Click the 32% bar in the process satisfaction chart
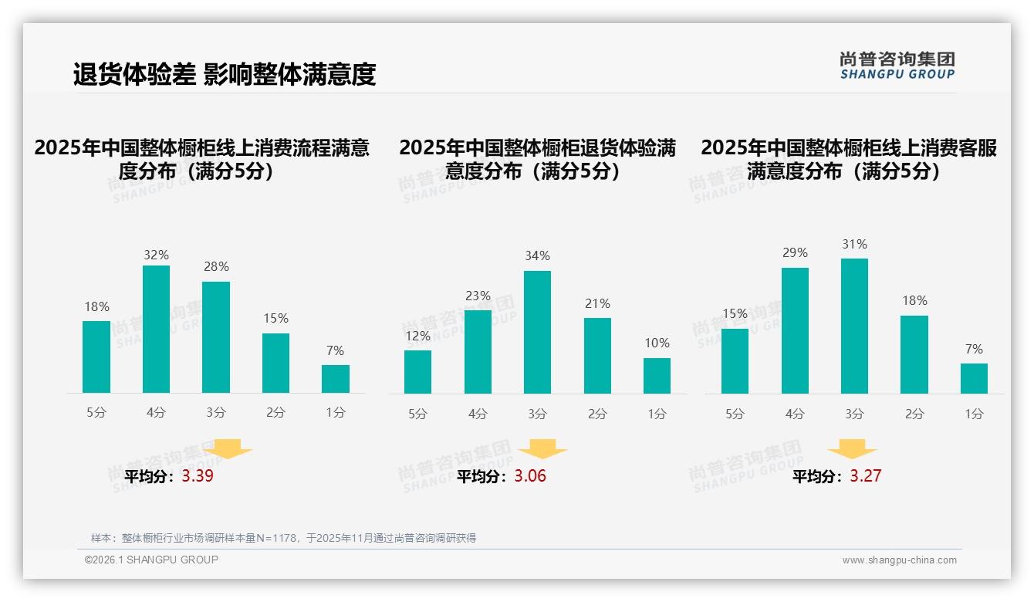pos(156,329)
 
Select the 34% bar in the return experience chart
pos(537,332)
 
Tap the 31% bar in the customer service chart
pos(854,326)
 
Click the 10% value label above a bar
pos(657,343)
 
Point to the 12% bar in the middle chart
pos(417,372)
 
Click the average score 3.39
pos(198,475)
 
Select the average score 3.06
pos(530,476)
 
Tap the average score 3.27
pos(865,476)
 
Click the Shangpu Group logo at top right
pos(897,66)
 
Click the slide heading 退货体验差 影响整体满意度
pos(225,74)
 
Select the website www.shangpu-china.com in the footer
pos(899,560)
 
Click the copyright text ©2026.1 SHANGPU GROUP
pos(151,560)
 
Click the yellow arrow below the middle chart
pos(542,449)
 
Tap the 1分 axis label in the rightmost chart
pos(974,414)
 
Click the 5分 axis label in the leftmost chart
pos(96,412)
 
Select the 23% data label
pos(478,296)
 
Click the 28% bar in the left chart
pos(216,337)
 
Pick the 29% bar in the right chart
pos(795,330)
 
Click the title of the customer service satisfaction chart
pos(848,159)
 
